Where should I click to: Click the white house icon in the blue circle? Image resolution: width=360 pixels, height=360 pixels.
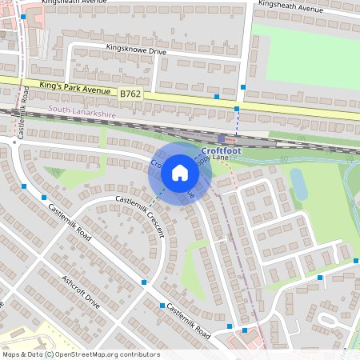coord(180,173)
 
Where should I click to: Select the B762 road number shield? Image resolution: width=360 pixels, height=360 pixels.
coord(130,94)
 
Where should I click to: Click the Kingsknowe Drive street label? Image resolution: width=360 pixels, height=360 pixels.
coord(136,50)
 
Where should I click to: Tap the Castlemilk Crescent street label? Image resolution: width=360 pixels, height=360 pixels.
coord(141,215)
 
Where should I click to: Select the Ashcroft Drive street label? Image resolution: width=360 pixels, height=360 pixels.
coord(81,294)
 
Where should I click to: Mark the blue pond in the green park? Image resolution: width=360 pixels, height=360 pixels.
coord(299,184)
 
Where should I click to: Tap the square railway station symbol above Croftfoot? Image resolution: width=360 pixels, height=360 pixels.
coord(222,138)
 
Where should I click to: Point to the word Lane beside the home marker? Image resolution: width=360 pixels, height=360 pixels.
coord(221,158)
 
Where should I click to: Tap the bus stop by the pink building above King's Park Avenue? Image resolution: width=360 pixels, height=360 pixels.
coord(24,16)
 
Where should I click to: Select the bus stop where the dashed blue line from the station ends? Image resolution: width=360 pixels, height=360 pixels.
coord(237,108)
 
